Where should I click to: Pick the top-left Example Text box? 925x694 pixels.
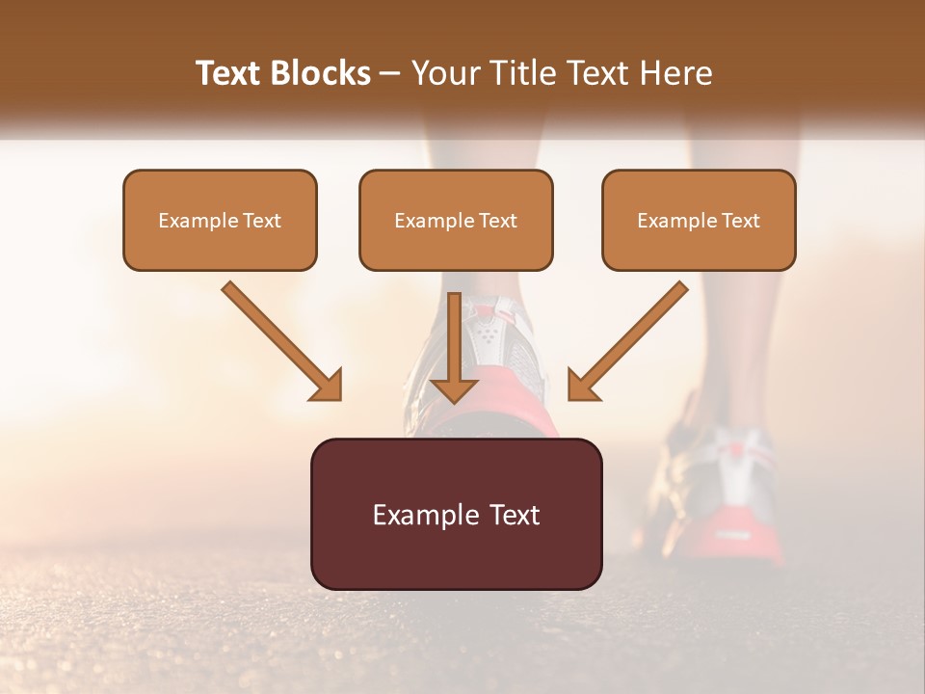click(x=220, y=220)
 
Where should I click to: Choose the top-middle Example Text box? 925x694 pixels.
click(x=456, y=220)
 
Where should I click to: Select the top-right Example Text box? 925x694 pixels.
click(x=699, y=220)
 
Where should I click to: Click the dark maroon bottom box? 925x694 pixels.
click(x=456, y=514)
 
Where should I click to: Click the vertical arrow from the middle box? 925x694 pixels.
click(x=454, y=342)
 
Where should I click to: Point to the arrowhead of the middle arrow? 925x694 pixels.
click(x=454, y=388)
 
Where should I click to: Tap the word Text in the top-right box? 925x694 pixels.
click(x=740, y=221)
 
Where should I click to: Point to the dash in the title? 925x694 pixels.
click(x=390, y=74)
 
